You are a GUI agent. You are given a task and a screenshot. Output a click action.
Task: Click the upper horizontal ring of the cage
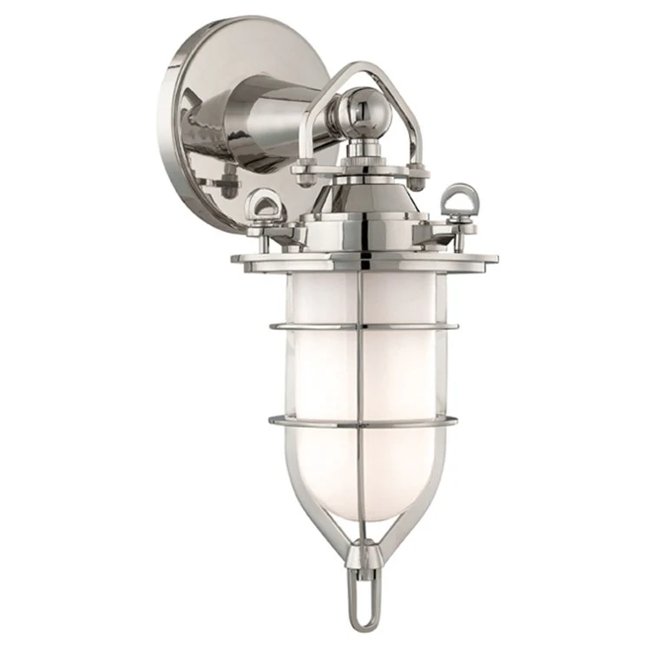[365, 328]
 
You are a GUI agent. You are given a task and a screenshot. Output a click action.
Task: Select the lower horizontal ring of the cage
[365, 424]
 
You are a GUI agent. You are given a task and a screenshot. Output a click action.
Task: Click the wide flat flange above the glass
[365, 258]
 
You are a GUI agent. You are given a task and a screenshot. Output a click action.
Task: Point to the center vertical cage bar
[364, 382]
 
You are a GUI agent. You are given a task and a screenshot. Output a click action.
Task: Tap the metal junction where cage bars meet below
[363, 548]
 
